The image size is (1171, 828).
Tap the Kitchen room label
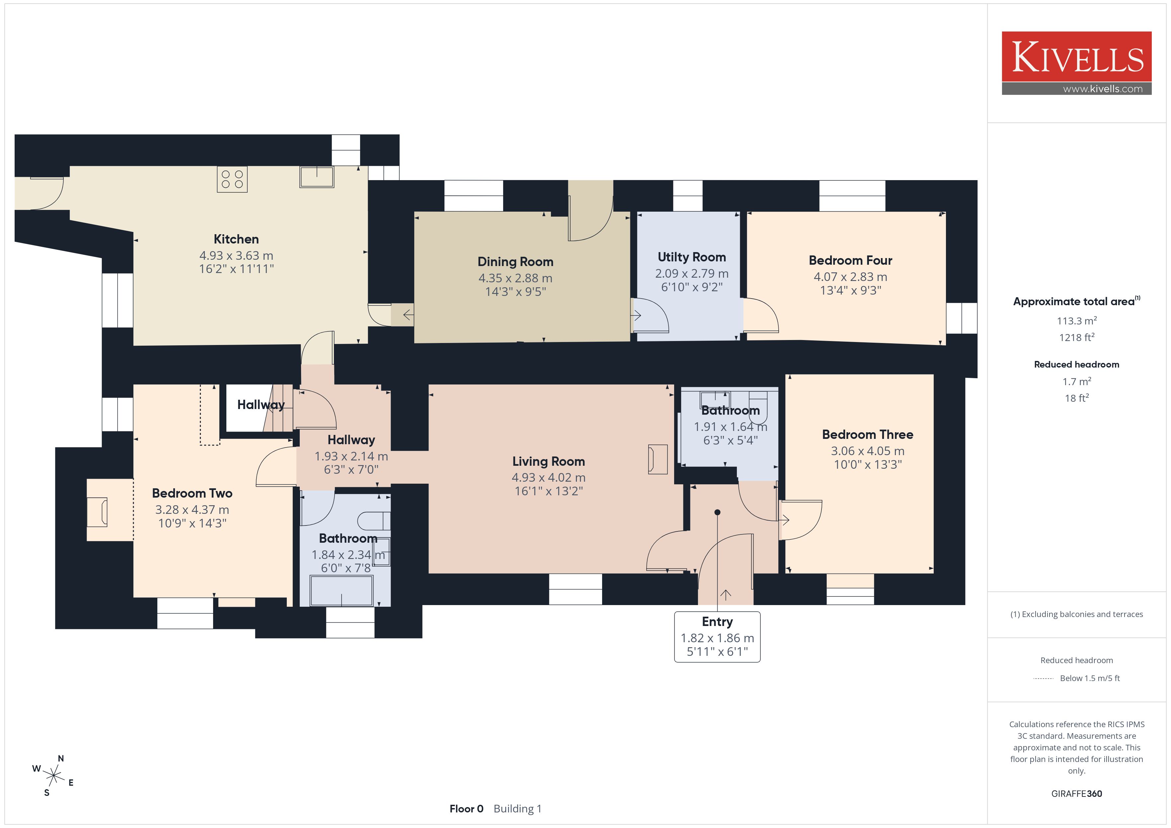236,239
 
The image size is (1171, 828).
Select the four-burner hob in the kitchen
232,179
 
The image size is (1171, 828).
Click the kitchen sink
317,177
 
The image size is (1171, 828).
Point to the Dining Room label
515,261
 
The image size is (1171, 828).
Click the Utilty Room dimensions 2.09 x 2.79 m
692,274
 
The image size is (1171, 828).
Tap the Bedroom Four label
850,260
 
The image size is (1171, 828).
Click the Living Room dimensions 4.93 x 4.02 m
548,478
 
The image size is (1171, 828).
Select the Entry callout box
717,637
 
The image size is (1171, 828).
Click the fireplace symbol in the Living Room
658,459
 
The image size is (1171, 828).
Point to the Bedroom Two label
192,493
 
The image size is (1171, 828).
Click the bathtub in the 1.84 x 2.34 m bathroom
342,590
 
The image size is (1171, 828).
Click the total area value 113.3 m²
1076,321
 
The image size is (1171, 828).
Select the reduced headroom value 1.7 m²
1076,381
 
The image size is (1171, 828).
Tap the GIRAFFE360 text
1076,793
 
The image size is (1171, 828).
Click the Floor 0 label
466,809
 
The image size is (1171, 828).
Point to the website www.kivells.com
1103,89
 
